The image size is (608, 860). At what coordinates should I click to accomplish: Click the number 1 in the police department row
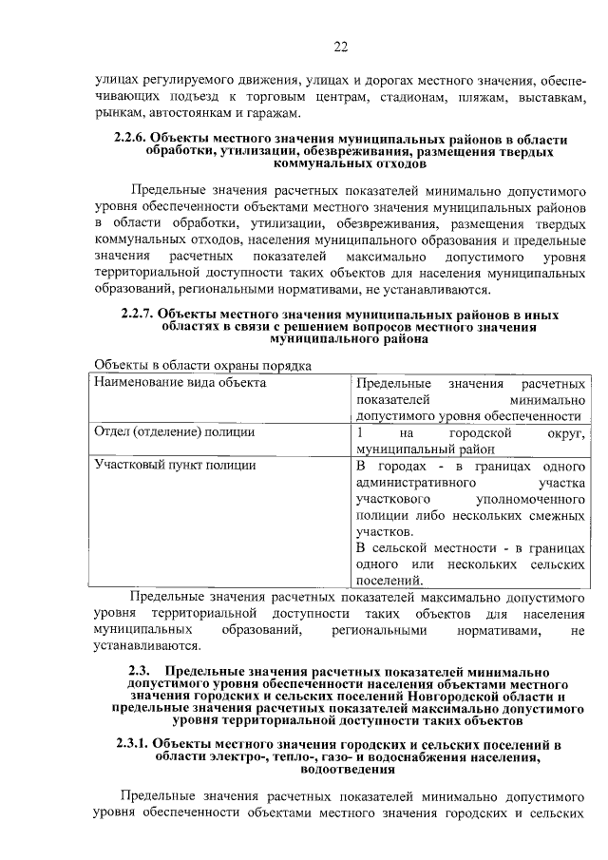[x=359, y=432]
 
